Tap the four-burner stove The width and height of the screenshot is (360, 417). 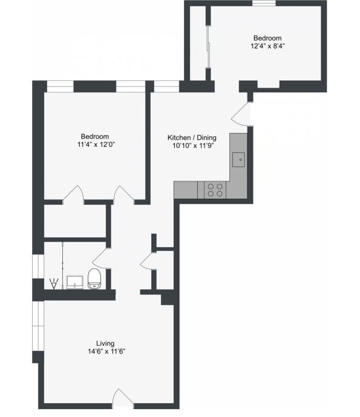point(214,190)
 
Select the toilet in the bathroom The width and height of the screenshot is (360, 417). point(94,279)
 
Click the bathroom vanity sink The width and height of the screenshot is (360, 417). point(75,281)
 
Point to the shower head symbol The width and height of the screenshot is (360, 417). point(54,283)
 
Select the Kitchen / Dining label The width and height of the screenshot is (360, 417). point(191,138)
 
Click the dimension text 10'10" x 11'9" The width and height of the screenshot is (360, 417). point(191,146)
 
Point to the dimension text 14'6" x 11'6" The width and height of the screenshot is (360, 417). point(105,351)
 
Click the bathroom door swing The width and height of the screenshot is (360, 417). point(99,258)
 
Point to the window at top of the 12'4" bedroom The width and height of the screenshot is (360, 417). point(264,4)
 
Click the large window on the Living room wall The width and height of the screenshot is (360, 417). point(38,326)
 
